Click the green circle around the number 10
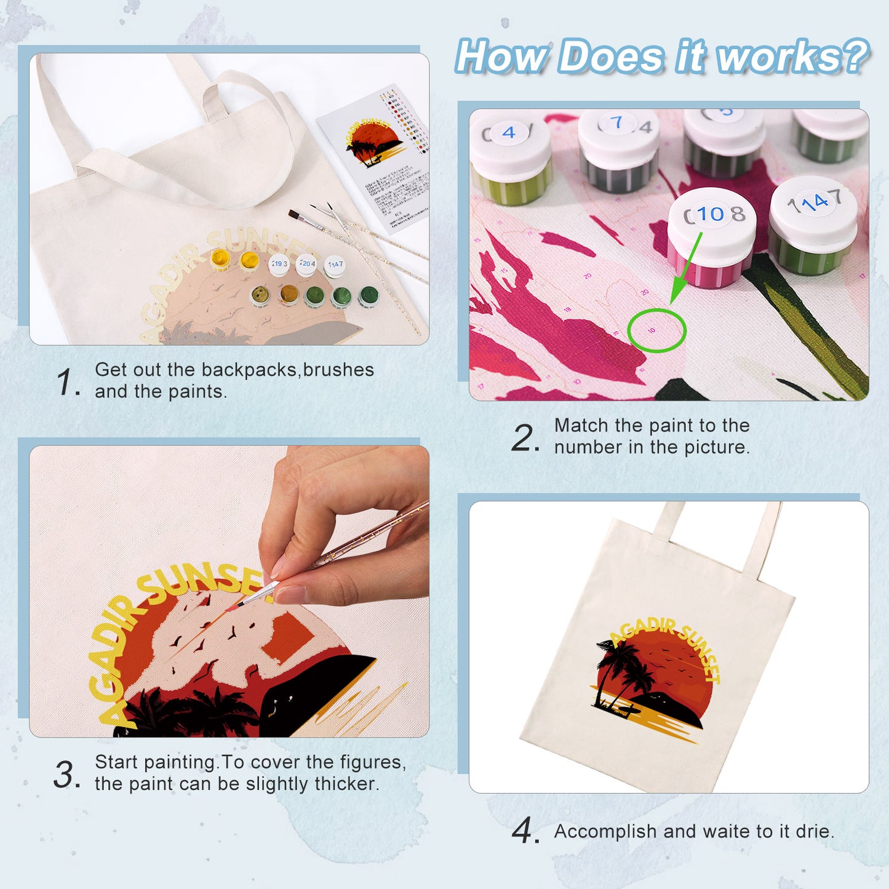point(656,330)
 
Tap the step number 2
point(524,437)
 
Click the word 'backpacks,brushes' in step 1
point(287,370)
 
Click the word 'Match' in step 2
point(581,425)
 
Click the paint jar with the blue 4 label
point(510,157)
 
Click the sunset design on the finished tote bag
point(655,677)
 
